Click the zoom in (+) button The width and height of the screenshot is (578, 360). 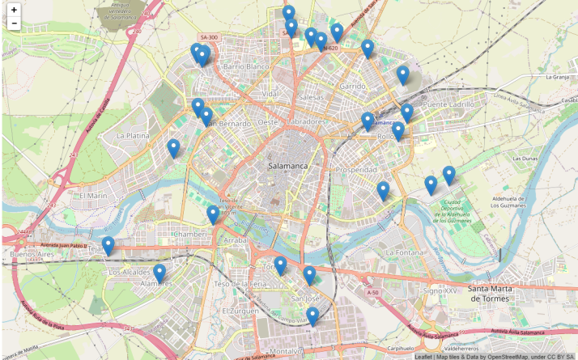(x=14, y=9)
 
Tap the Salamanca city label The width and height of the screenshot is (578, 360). (x=287, y=165)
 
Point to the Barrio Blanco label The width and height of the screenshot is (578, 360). (x=245, y=66)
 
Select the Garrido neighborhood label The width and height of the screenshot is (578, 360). (x=353, y=85)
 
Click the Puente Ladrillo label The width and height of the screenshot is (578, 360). (x=448, y=104)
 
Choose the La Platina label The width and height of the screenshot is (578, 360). (x=133, y=136)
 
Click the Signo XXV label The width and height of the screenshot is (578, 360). (x=440, y=290)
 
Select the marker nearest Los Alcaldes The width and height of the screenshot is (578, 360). (x=159, y=273)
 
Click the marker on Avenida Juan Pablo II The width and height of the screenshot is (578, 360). (x=108, y=245)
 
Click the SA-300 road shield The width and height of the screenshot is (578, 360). (x=209, y=37)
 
